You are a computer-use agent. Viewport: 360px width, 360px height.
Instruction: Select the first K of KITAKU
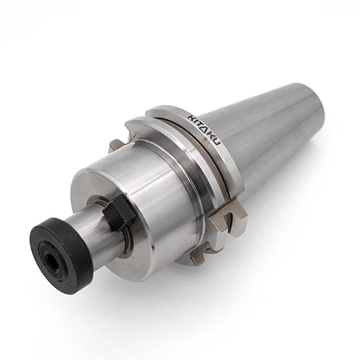click(x=192, y=117)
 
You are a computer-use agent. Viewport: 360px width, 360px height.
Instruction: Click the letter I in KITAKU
click(x=196, y=121)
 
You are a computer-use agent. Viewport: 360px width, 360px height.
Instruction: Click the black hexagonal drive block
click(x=120, y=211)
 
